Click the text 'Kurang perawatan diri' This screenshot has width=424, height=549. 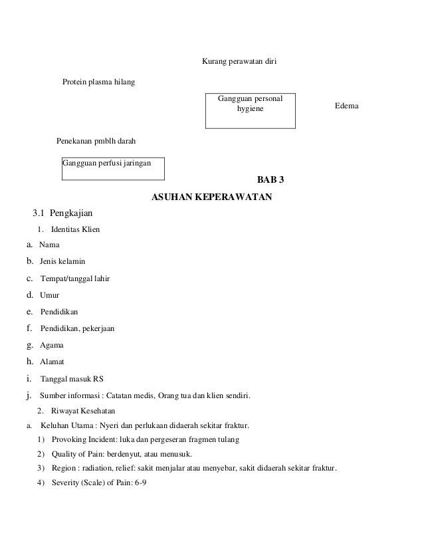coord(239,62)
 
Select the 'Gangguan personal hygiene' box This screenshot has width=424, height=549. coord(250,110)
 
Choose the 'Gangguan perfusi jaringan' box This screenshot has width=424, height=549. coord(113,168)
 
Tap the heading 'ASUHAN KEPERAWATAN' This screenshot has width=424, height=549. coord(212,197)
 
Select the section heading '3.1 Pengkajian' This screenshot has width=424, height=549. coord(64,214)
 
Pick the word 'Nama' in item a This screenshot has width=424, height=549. coord(49,245)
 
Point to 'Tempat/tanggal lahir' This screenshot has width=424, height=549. coord(75,278)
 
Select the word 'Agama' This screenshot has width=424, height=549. coord(53,346)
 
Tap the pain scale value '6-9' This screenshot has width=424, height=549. coord(140,483)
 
